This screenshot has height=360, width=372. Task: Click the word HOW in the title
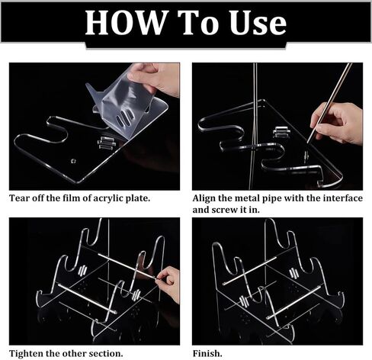click(126, 23)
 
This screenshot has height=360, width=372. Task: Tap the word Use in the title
click(258, 23)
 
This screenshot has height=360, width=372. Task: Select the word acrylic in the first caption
click(108, 198)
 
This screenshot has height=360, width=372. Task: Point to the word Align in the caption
click(204, 198)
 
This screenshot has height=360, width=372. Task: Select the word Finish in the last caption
click(206, 354)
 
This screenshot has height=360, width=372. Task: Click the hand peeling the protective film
click(156, 78)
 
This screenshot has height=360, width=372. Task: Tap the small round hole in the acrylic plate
click(73, 161)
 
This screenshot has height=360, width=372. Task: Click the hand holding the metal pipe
click(338, 124)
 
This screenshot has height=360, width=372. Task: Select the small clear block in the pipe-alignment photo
click(281, 132)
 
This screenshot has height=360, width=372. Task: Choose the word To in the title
click(197, 23)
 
